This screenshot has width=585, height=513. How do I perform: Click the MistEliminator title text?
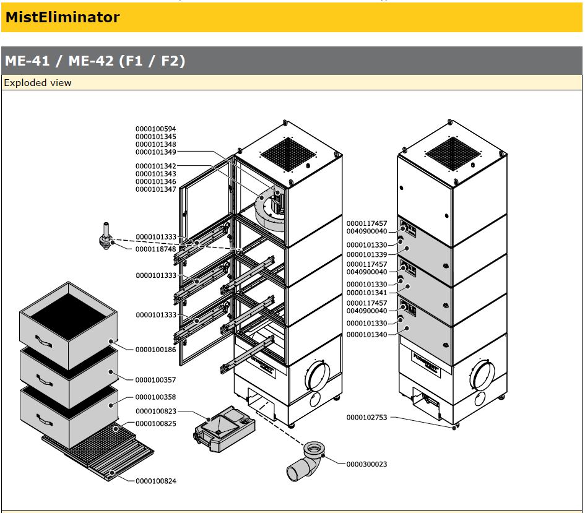pyautogui.click(x=62, y=17)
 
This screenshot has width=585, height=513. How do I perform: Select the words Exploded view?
pyautogui.click(x=38, y=83)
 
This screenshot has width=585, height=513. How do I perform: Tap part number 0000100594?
pyautogui.click(x=155, y=129)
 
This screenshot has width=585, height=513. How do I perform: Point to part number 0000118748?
pyautogui.click(x=155, y=249)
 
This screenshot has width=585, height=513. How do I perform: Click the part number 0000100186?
pyautogui.click(x=155, y=350)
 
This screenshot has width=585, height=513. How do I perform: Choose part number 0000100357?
pyautogui.click(x=155, y=380)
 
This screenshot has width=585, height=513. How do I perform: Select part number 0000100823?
pyautogui.click(x=155, y=411)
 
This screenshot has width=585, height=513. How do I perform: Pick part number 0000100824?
pyautogui.click(x=155, y=481)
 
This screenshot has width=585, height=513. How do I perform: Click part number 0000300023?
pyautogui.click(x=366, y=464)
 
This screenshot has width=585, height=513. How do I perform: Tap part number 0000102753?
pyautogui.click(x=366, y=418)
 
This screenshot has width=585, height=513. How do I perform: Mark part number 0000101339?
pyautogui.click(x=366, y=254)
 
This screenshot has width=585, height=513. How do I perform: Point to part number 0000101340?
pyautogui.click(x=366, y=334)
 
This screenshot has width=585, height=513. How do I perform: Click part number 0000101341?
pyautogui.click(x=366, y=292)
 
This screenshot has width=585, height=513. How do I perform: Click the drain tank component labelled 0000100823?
pyautogui.click(x=223, y=426)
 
